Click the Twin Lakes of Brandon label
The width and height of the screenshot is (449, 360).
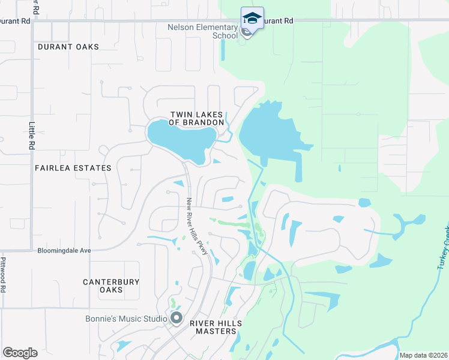[196, 118]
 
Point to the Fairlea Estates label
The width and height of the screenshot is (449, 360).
[73, 168]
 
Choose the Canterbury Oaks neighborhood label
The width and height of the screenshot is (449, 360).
[111, 286]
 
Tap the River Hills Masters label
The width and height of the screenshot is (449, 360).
[215, 327]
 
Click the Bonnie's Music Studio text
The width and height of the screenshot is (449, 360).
[125, 318]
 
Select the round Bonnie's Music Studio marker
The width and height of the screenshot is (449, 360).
[176, 318]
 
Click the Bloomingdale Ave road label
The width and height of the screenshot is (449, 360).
[64, 250]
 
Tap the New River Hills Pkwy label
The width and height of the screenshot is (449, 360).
[197, 227]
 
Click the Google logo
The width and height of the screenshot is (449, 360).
[20, 353]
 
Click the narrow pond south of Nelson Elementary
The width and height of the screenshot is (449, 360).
[222, 51]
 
